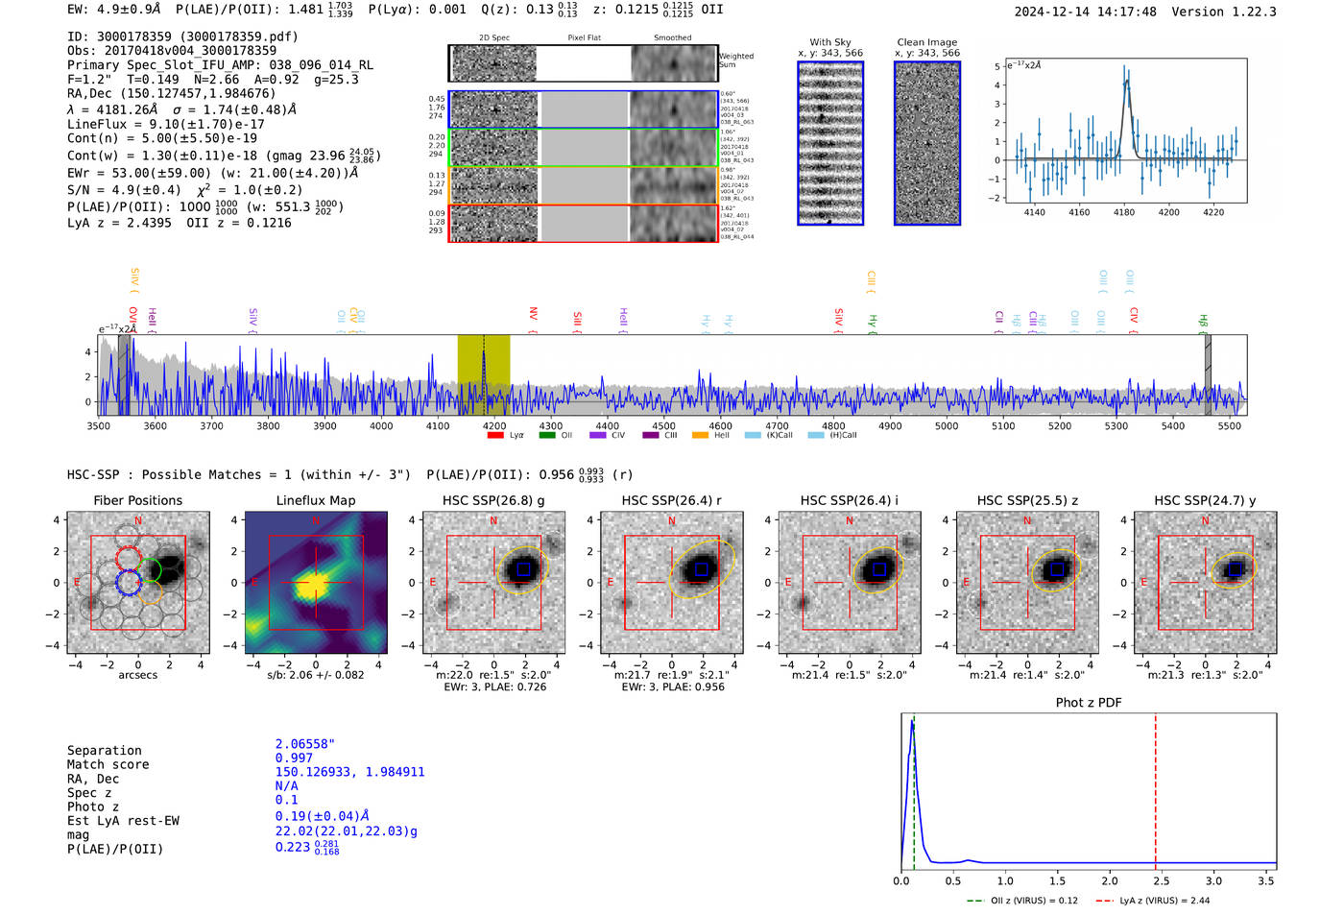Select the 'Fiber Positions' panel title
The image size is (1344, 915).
(137, 500)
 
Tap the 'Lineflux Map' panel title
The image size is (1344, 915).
(316, 500)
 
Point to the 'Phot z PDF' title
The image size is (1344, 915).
(1089, 702)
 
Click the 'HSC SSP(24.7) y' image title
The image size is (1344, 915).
(1205, 500)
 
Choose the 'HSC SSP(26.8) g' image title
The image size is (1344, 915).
(493, 500)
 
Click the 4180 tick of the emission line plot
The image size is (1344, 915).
(1123, 212)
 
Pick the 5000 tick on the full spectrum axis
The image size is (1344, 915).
(947, 425)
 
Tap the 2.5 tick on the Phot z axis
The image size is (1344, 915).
(1162, 880)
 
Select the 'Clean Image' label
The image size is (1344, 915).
(926, 42)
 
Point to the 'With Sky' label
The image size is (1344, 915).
(829, 42)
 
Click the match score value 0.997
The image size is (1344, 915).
(294, 758)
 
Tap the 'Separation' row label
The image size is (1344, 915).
(104, 751)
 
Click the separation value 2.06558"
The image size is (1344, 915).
(304, 744)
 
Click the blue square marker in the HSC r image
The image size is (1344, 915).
(701, 569)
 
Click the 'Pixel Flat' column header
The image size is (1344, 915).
(584, 37)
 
